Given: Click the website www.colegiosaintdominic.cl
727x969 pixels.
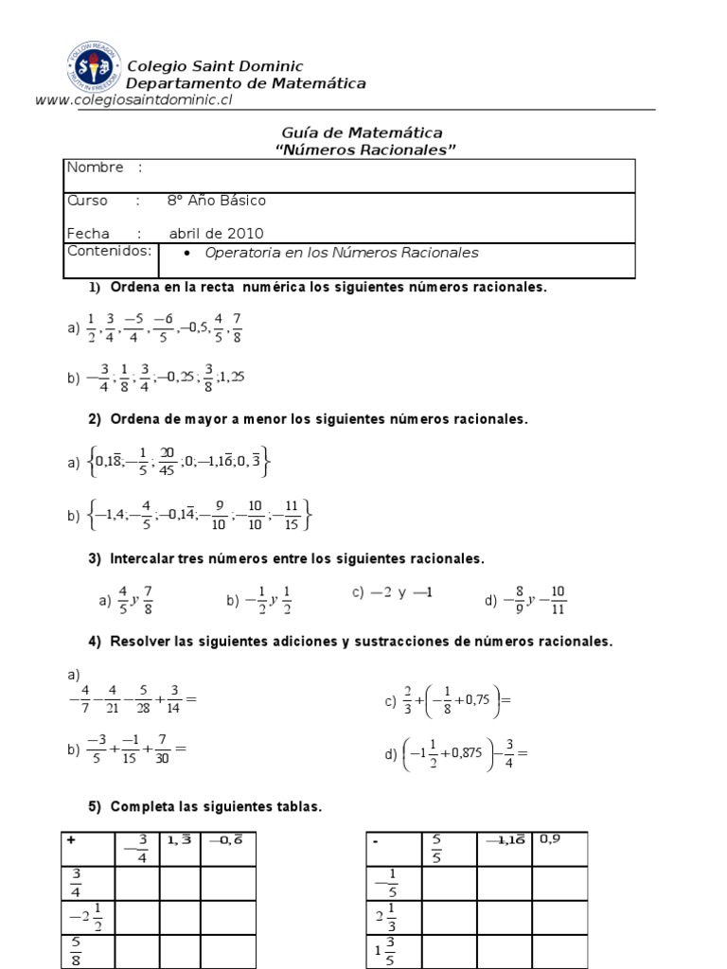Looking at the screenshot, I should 133,100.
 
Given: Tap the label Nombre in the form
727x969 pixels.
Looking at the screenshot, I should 95,167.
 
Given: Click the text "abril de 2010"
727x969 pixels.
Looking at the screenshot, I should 216,234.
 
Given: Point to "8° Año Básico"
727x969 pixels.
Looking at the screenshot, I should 216,201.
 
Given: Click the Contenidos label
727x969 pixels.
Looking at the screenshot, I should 109,251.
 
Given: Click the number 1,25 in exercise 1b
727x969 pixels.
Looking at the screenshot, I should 231,377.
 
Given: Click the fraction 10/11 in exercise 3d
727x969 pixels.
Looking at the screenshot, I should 557,599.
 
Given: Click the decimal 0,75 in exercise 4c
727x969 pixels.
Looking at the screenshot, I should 475,701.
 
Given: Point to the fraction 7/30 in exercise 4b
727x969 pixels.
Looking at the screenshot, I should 164,749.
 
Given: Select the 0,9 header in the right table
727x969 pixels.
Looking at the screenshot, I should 551,838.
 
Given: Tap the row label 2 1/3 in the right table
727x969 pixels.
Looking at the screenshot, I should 384,917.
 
